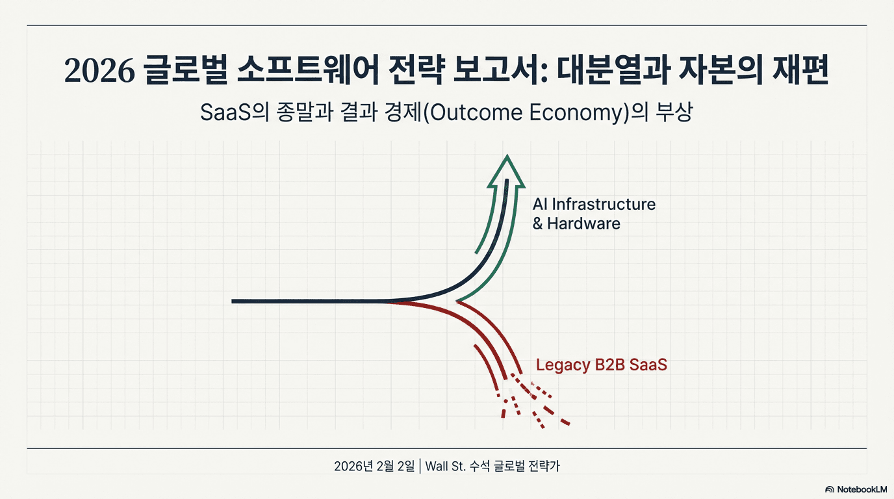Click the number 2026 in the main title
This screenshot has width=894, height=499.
99,71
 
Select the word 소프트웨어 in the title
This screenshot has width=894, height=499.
308,70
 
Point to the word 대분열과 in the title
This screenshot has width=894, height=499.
613,70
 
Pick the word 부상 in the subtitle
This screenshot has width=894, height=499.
674,112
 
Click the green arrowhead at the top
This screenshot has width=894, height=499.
507,171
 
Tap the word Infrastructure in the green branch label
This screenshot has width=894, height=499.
604,205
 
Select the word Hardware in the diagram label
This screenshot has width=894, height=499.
583,224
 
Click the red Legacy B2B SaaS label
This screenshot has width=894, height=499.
602,365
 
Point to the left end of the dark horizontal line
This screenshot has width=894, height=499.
233,301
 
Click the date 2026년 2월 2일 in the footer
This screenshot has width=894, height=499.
374,466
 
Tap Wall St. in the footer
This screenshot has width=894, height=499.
446,466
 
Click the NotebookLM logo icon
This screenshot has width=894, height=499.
830,489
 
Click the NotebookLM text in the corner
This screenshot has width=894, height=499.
862,489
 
